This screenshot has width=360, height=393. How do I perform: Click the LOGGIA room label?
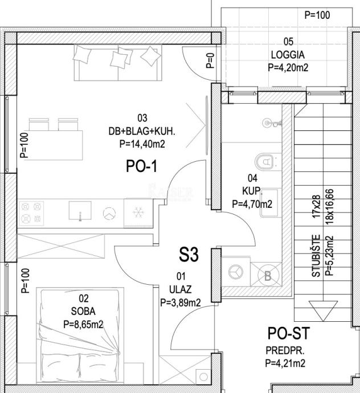288,55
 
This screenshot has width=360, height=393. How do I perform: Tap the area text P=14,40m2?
142,144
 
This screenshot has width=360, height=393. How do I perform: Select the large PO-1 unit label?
142,166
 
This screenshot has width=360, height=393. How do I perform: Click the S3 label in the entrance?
189,255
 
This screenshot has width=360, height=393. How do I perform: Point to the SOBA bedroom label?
83,312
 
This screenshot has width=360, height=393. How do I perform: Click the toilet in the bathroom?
265,161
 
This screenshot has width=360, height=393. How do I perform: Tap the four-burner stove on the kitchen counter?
31,213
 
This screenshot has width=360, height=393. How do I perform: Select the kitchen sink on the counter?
80,211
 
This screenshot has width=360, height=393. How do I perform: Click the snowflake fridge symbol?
138,213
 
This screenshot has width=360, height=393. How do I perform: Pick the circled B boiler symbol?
268,276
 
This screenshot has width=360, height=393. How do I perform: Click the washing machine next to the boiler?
236,272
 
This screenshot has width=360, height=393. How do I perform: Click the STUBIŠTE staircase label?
316,256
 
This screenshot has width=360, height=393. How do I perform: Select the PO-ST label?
289,333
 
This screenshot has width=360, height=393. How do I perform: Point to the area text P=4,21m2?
285,363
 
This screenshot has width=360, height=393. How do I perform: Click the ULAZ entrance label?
181,289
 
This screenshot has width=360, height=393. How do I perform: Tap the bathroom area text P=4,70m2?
252,204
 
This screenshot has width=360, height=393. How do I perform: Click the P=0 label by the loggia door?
210,60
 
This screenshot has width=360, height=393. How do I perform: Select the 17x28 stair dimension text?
316,207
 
